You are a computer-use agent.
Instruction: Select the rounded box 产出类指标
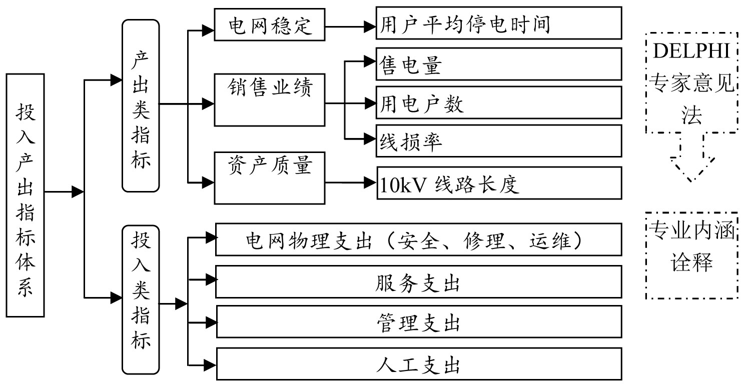(141, 105)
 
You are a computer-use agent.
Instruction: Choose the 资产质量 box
(270, 177)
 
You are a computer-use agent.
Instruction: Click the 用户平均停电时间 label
(465, 23)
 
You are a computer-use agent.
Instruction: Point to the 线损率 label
(410, 142)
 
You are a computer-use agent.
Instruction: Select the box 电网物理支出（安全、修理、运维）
(418, 240)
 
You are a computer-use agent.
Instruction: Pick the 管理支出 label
(418, 322)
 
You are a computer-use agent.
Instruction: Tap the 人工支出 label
(418, 364)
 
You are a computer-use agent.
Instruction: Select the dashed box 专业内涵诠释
(692, 255)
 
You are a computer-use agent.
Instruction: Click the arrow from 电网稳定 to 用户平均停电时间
(351, 23)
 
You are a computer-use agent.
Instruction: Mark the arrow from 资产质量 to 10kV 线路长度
(351, 181)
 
